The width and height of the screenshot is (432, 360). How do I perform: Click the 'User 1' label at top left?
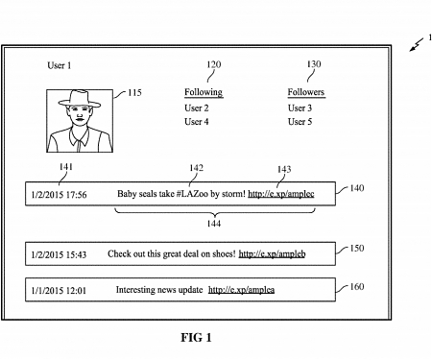60,66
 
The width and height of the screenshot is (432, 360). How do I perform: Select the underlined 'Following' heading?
203,93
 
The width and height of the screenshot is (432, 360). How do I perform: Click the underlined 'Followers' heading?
306,93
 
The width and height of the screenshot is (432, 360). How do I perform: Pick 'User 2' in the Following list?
197,108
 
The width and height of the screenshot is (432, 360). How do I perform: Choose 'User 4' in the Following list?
197,122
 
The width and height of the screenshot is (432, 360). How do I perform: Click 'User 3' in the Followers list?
300,108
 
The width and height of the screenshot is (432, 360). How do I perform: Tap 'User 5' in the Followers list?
300,122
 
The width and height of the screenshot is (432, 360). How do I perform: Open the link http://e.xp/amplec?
280,195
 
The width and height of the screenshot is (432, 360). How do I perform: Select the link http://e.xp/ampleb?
272,254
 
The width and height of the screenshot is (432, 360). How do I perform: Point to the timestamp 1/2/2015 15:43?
59,254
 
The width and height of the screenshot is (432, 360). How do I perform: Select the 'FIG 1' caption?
196,338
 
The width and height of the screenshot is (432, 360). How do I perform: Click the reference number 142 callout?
196,168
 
